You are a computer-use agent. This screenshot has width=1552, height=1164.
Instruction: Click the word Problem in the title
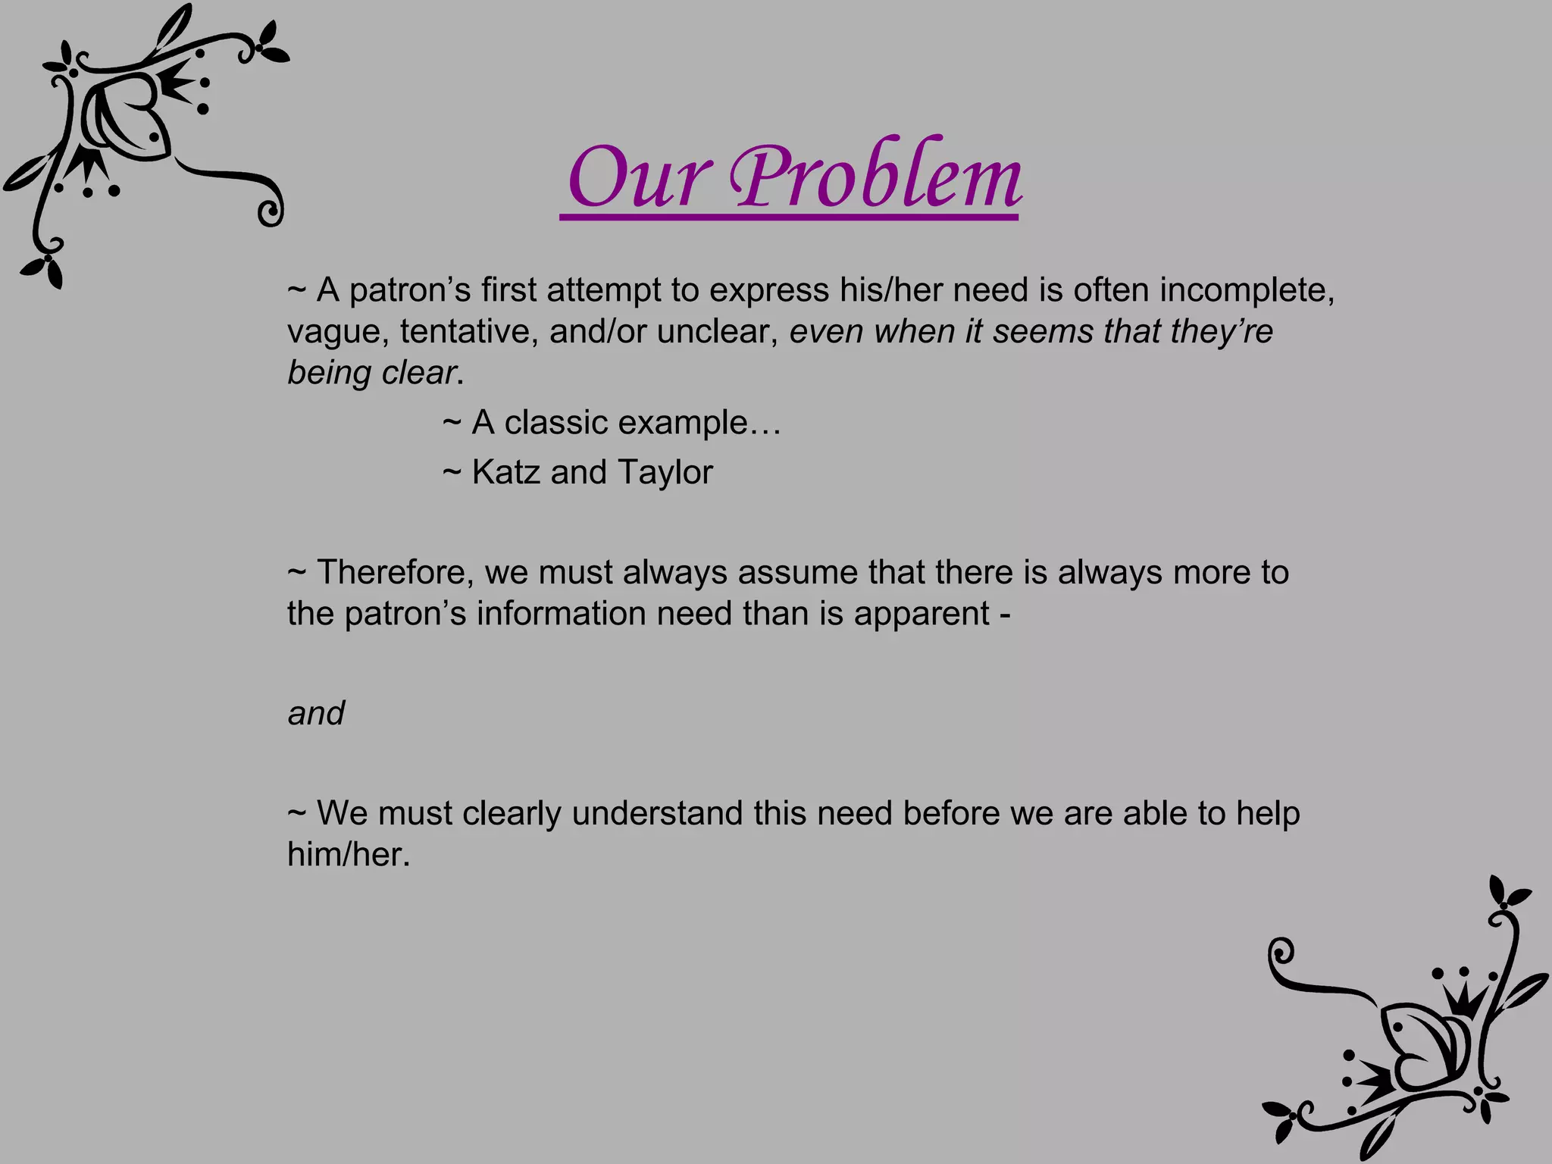(x=875, y=178)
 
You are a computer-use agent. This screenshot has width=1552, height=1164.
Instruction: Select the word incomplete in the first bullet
(x=1246, y=290)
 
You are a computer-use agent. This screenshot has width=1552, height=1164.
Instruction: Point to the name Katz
(x=505, y=472)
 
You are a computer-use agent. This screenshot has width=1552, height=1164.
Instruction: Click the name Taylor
(x=665, y=472)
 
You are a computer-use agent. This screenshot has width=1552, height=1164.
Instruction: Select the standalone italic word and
(x=316, y=713)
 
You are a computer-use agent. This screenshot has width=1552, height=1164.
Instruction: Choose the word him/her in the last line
(x=348, y=855)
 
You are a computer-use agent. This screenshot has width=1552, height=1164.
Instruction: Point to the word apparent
(x=921, y=614)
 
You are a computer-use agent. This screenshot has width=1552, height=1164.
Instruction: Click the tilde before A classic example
(x=452, y=423)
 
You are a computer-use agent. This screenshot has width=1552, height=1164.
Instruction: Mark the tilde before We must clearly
(x=296, y=814)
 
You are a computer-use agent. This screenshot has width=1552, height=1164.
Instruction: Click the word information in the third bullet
(x=562, y=614)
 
